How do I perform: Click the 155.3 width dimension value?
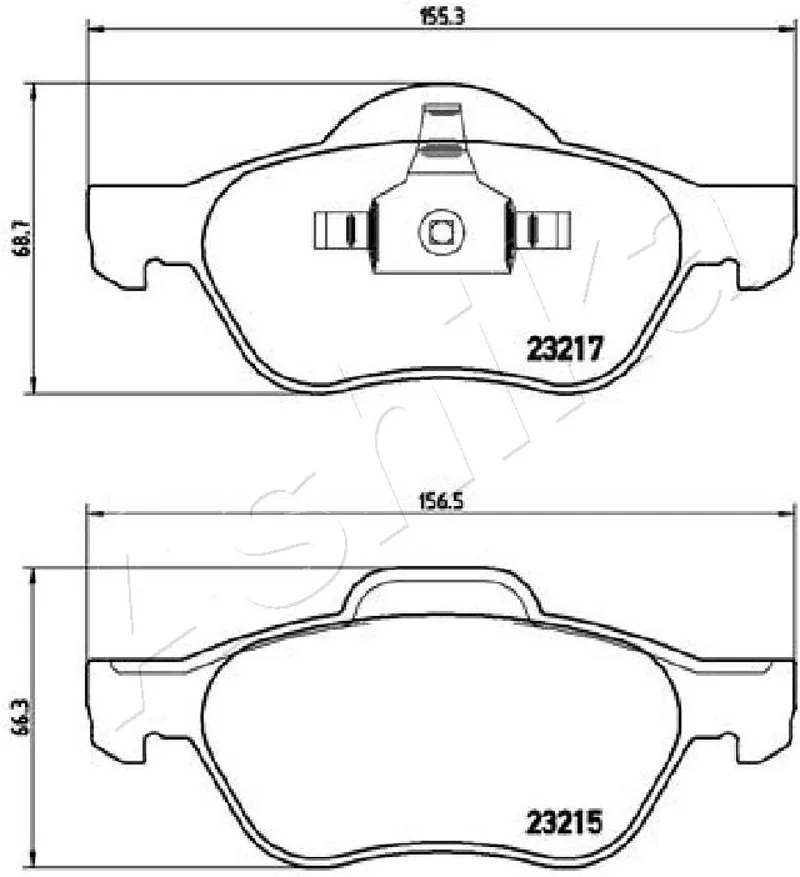[443, 17]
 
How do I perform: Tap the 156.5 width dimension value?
[442, 502]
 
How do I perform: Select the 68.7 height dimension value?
[23, 238]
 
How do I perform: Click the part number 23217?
[566, 349]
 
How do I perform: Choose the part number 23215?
[564, 822]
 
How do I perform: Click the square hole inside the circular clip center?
[441, 231]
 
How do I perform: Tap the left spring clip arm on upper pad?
[341, 230]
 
